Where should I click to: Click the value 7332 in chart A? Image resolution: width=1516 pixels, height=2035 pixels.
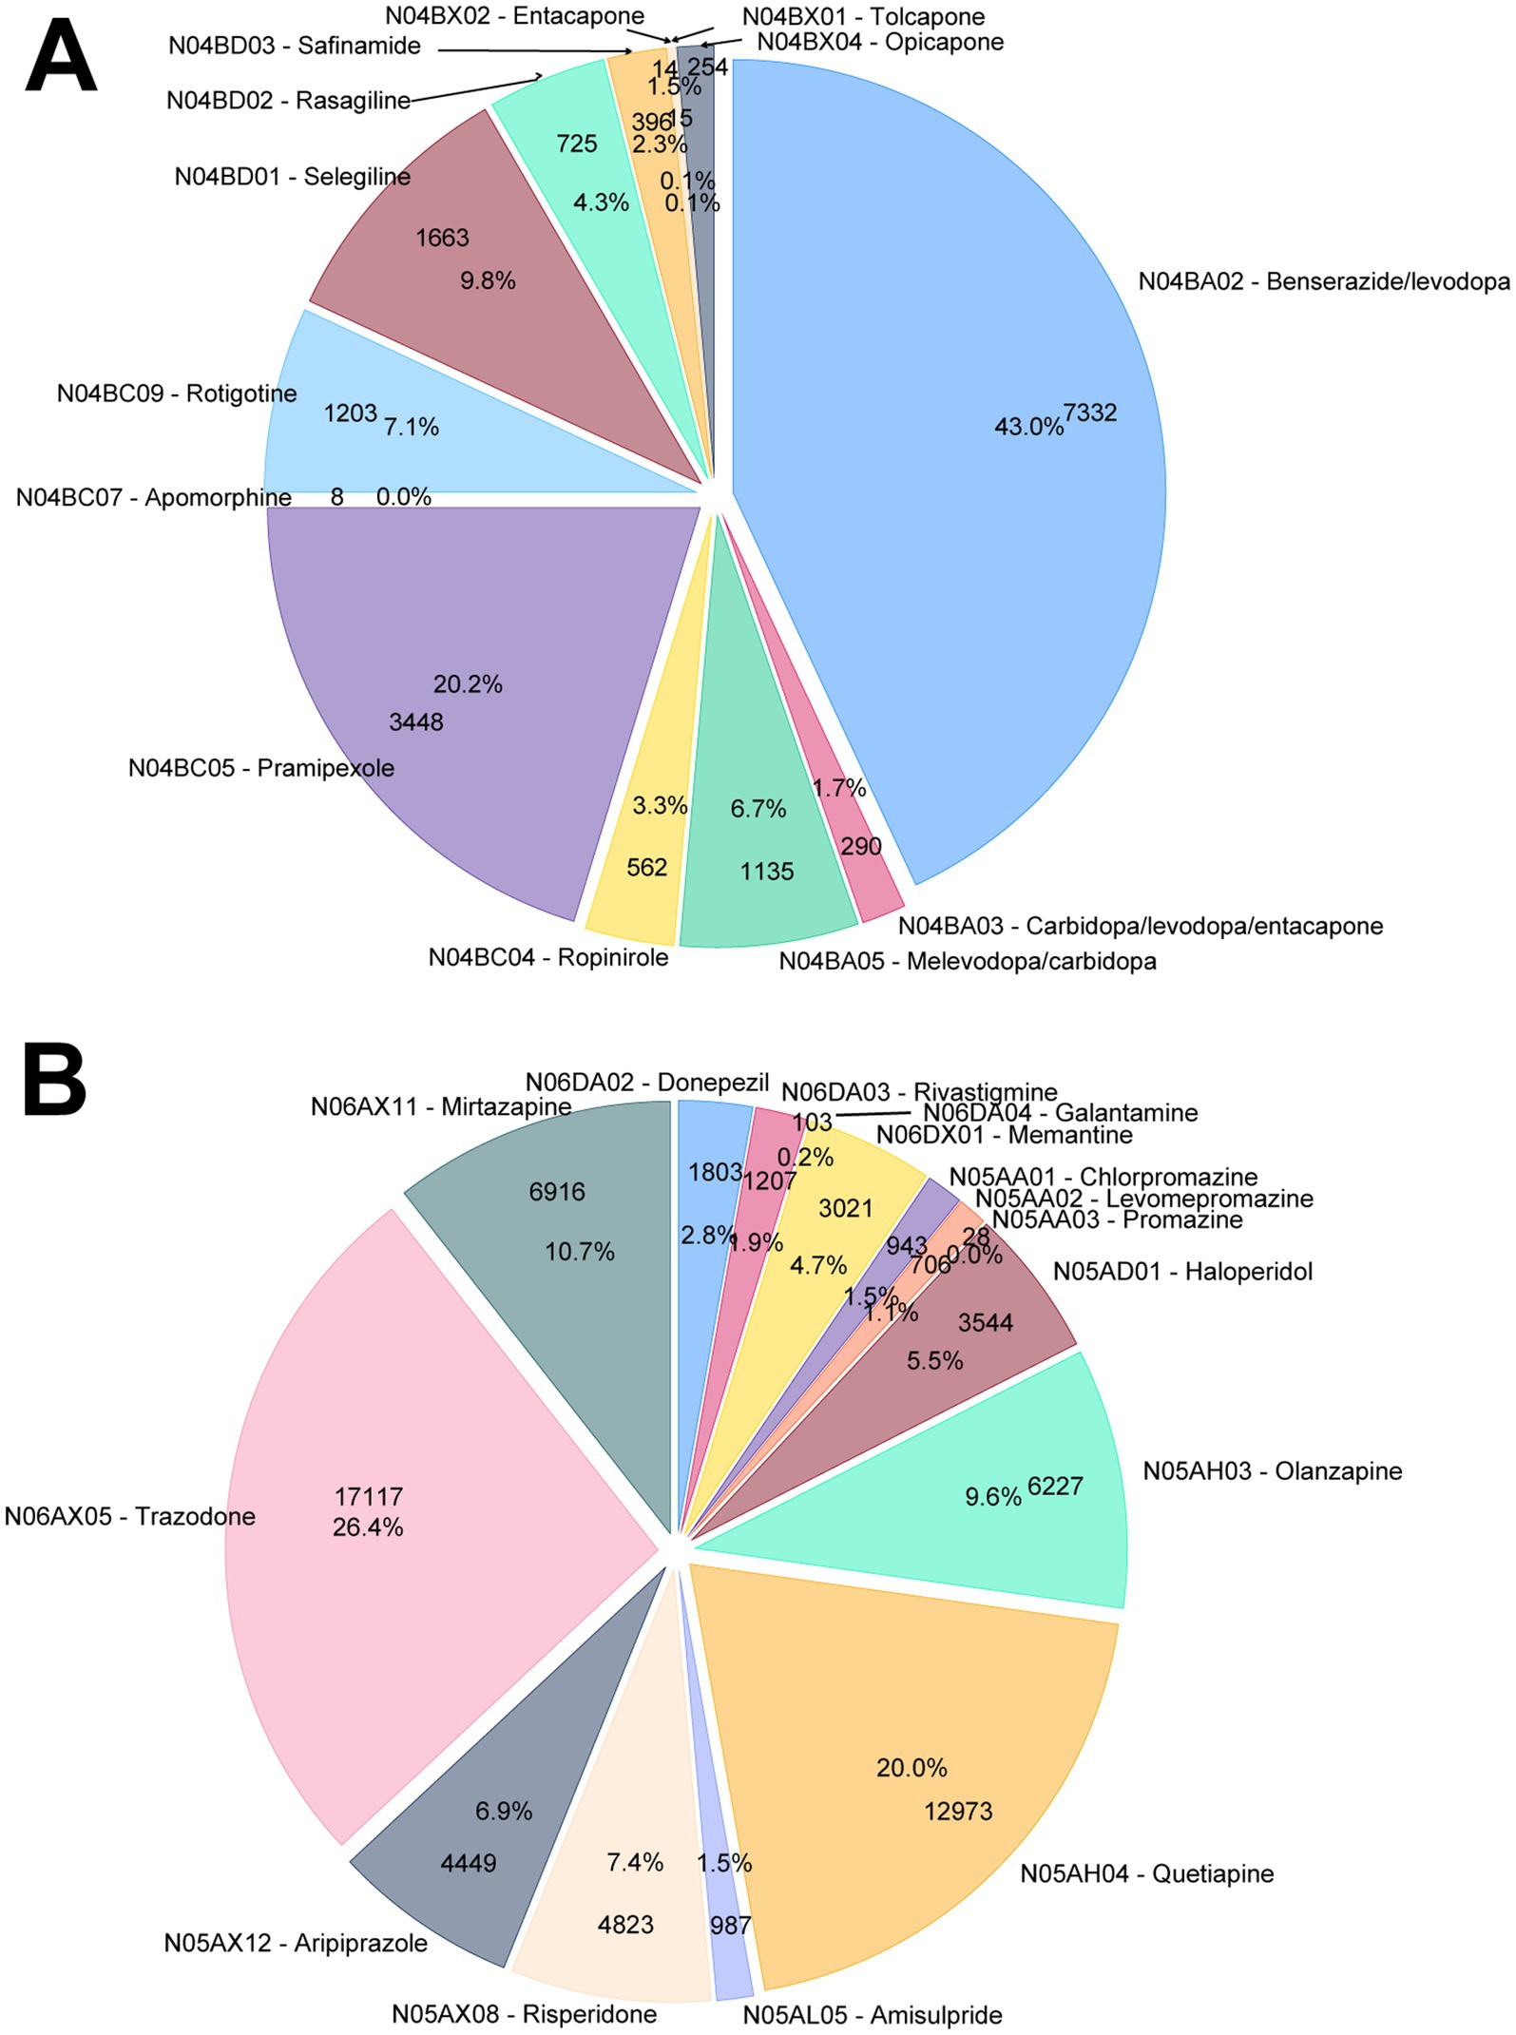coord(1090,413)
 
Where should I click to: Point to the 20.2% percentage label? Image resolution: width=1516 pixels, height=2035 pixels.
coord(468,684)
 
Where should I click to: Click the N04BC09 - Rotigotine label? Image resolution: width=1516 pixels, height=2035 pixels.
coord(177,394)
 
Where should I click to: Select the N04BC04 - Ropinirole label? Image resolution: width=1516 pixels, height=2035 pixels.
coord(548,957)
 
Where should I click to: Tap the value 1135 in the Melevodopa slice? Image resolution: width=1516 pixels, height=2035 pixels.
coord(767,872)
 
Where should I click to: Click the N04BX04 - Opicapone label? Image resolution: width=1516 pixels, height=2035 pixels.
coord(880,43)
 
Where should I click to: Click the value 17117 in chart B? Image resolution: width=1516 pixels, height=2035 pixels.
coord(368,1497)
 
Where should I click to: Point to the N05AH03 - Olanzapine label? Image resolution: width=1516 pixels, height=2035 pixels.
coord(1273,1471)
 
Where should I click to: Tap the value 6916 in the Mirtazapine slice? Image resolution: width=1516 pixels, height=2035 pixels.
coord(557,1192)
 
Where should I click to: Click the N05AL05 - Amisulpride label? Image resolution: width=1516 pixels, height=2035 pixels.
coord(873,2015)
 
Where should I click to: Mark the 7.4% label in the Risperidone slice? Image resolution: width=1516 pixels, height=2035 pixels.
coord(635,1862)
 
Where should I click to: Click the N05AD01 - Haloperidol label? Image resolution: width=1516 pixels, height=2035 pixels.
coord(1182,1271)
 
